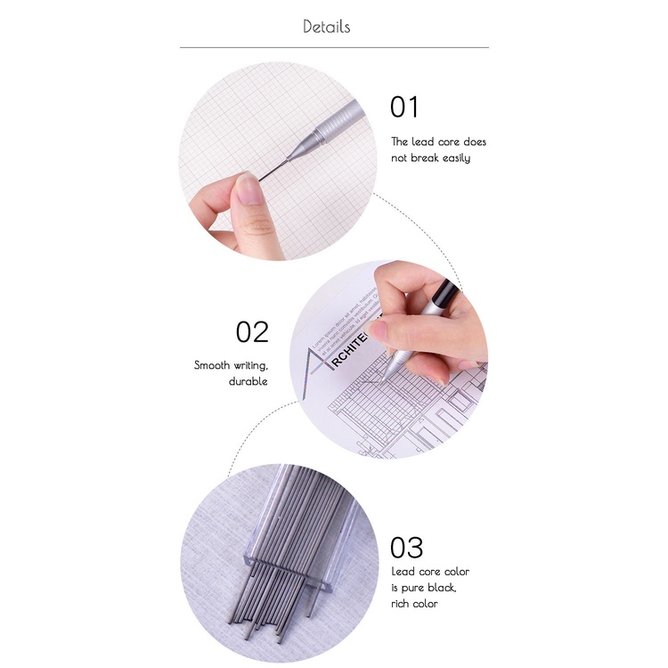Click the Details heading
point(326,26)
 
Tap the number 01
point(403,108)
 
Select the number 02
point(251,332)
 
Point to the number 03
point(406,547)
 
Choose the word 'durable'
point(248,381)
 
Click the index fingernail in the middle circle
point(378,330)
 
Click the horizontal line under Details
point(334,47)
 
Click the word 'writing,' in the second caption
point(250,365)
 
